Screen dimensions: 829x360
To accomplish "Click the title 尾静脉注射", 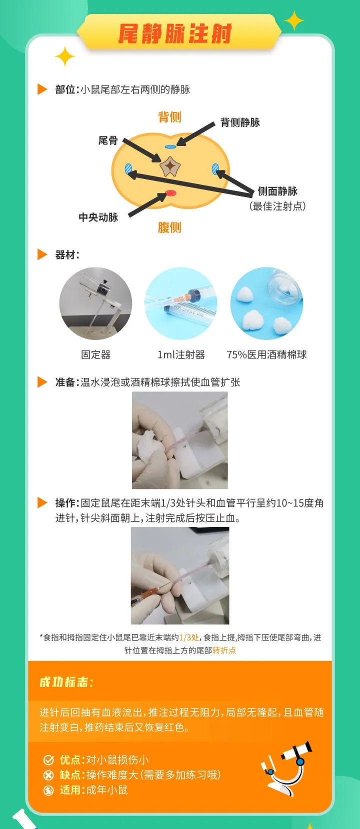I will click(x=175, y=34).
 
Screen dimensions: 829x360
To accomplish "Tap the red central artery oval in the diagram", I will click(x=170, y=193).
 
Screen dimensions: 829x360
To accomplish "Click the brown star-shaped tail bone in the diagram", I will click(x=169, y=166).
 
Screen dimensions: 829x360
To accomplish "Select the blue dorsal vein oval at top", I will click(x=170, y=147).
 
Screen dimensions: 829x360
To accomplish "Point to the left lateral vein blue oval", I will click(x=129, y=168).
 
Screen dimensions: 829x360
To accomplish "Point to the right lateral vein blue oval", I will click(x=215, y=168).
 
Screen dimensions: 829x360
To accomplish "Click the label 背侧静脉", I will click(x=240, y=122).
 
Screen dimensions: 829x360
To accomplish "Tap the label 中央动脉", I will click(x=98, y=217).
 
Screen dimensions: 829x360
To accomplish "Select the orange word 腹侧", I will click(x=169, y=227).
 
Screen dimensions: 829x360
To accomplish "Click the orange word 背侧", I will click(x=169, y=117).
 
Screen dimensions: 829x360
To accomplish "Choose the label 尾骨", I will click(x=108, y=140).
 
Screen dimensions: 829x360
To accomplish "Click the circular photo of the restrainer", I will click(x=95, y=303).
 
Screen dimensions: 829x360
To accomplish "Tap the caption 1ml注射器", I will click(x=181, y=354).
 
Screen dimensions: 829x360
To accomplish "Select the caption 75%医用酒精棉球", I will click(x=266, y=354).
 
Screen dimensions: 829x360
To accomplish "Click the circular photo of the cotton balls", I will click(x=266, y=303).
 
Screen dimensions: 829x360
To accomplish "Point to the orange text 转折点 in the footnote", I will click(x=224, y=650).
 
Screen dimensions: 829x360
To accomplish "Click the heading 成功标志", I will click(x=66, y=682).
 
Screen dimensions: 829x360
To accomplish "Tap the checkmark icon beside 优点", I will click(x=48, y=760).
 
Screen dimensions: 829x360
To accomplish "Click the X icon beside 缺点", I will click(x=48, y=775).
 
